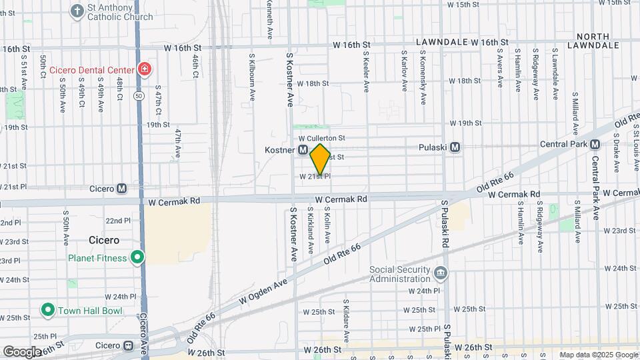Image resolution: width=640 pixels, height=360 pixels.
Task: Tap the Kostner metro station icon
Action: [303, 151]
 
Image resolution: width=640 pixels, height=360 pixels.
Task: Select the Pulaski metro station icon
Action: [456, 147]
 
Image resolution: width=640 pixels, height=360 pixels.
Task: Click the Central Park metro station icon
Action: [595, 144]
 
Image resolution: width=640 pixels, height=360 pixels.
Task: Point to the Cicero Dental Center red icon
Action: [143, 69]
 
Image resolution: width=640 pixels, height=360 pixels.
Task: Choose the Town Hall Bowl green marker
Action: [47, 310]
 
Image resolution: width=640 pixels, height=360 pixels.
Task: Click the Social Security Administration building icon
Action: [440, 273]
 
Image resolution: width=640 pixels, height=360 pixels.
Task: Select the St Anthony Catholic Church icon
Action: [77, 11]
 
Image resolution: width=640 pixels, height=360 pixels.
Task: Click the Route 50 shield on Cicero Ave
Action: [139, 96]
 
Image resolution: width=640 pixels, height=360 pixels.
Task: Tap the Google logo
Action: [21, 351]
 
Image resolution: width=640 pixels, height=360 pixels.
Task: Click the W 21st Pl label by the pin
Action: [315, 177]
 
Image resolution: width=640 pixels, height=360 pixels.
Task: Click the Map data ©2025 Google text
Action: [598, 355]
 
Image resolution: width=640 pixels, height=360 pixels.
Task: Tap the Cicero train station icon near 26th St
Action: [129, 346]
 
